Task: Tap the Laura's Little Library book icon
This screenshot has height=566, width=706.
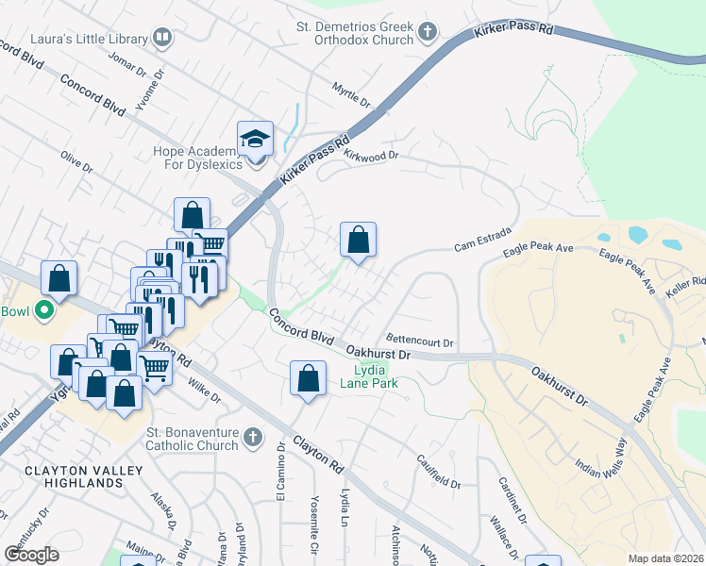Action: click(x=163, y=39)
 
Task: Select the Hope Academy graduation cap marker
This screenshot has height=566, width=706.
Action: click(x=254, y=140)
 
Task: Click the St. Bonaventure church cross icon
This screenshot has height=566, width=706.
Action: click(x=251, y=438)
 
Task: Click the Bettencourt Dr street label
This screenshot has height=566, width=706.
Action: click(x=421, y=340)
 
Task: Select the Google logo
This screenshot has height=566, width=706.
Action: click(x=31, y=555)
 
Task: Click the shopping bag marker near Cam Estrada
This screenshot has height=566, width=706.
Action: click(x=358, y=240)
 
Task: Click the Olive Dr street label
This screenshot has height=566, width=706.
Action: click(x=76, y=157)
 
